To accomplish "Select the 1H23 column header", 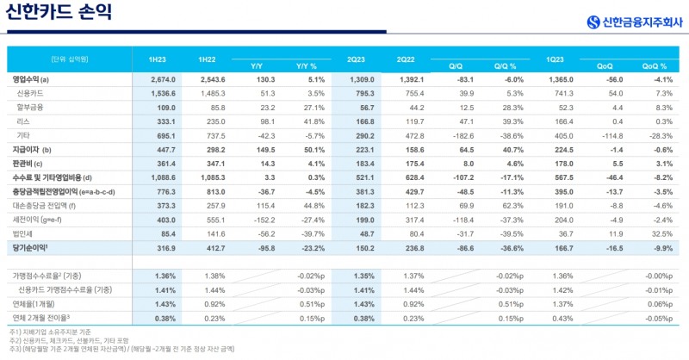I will tap(157, 59).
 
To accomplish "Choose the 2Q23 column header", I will tap(357, 59).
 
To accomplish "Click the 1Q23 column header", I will tap(556, 59).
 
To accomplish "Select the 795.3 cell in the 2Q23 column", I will tap(363, 92).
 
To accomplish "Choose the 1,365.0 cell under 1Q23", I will tap(563, 80).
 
